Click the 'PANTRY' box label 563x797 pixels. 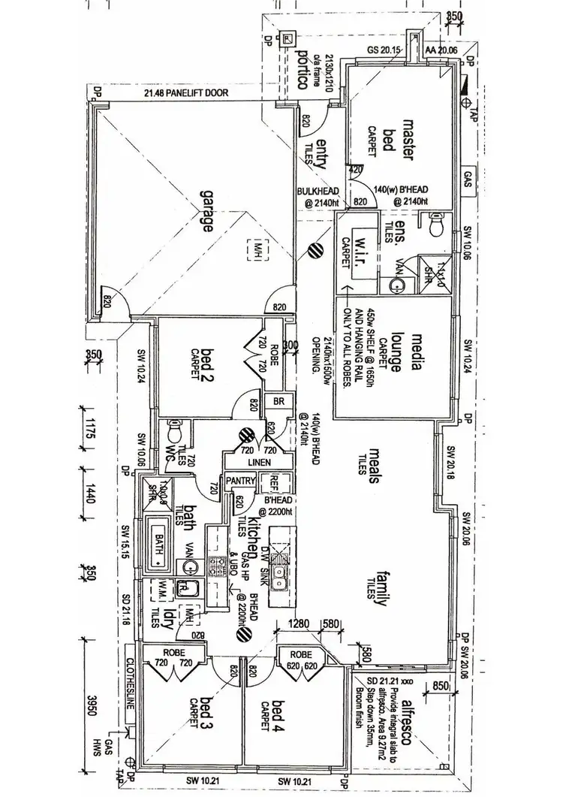[242, 482]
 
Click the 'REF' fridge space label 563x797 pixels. [275, 482]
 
